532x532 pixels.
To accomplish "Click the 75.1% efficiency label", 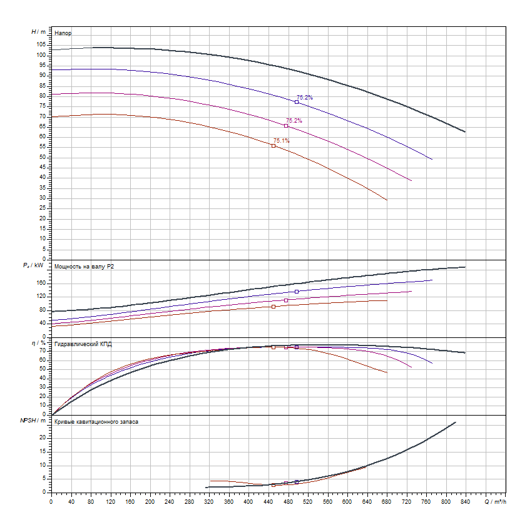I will [x=281, y=141].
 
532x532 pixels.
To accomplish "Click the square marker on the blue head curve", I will [x=297, y=102].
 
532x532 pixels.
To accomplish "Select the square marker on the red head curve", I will [x=274, y=146].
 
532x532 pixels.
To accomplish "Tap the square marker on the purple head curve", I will [x=286, y=126].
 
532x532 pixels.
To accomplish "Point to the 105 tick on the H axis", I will [x=41, y=44].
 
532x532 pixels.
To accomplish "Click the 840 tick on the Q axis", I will [x=465, y=501].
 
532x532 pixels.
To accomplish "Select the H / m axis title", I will [x=38, y=31].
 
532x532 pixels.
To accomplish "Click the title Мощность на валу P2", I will [x=84, y=267].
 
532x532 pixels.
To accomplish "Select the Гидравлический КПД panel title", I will [x=83, y=344].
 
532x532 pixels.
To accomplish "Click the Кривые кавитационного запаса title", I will [x=96, y=422].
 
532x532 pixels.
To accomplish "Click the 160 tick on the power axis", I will [x=41, y=283].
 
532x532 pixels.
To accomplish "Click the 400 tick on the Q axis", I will [x=248, y=501].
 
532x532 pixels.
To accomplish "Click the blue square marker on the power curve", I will [x=297, y=292].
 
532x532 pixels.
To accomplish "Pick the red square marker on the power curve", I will [x=274, y=307].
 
